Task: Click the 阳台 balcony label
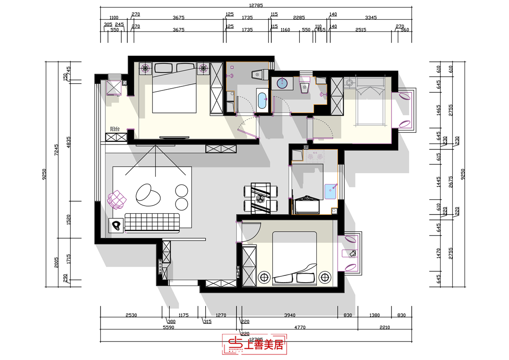click(x=115, y=129)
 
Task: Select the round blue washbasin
click(x=282, y=83)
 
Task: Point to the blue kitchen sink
click(x=331, y=190)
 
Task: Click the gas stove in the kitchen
click(x=315, y=157)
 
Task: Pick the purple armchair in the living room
click(x=117, y=199)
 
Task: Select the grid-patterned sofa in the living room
click(x=152, y=222)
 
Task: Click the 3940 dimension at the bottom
click(x=290, y=315)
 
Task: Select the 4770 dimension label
click(x=299, y=328)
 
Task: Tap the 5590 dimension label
click(x=169, y=328)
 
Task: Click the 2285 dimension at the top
click(x=299, y=18)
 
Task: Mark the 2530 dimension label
click(x=131, y=315)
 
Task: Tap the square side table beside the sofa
click(x=117, y=225)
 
